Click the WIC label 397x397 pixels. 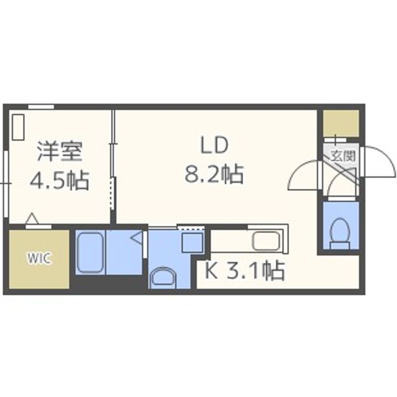click(x=39, y=259)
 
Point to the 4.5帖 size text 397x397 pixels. click(x=59, y=180)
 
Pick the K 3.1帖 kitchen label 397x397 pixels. click(x=244, y=271)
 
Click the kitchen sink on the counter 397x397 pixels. click(x=267, y=240)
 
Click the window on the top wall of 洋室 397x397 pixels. click(x=41, y=106)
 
